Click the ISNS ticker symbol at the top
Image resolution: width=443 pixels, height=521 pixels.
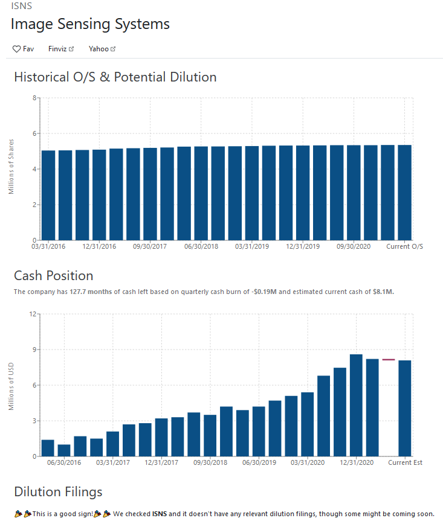point(21,6)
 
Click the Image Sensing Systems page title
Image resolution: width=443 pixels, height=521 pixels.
point(90,24)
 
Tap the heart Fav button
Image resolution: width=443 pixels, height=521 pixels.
point(23,48)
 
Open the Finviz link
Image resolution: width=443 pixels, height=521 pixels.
point(60,48)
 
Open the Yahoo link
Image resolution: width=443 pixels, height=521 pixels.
point(102,48)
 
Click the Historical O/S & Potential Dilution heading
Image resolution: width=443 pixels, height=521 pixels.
point(115,77)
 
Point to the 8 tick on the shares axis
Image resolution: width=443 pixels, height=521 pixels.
point(34,98)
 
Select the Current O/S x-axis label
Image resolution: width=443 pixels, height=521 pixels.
point(404,246)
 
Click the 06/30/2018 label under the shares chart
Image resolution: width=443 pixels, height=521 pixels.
point(201,246)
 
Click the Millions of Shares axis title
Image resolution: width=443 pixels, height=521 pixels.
point(11,167)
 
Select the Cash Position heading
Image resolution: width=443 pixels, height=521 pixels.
point(53,276)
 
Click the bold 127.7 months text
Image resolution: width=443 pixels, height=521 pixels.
point(91,292)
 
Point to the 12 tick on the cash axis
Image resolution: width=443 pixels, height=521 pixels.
point(33,314)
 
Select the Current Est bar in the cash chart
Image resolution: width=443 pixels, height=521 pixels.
point(405,408)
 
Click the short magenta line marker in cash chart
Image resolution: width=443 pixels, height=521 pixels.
point(388,360)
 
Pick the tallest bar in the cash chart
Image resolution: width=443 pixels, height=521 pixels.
point(356,405)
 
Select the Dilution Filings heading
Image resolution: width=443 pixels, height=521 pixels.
point(58,491)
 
